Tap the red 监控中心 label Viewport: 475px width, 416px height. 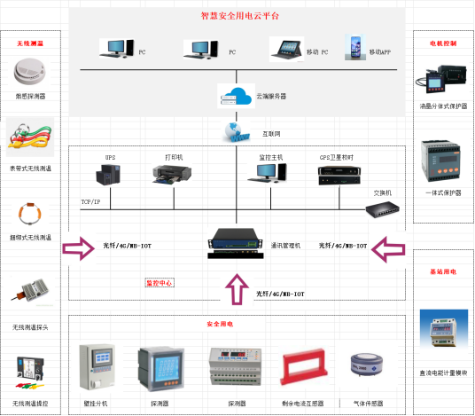(160, 284)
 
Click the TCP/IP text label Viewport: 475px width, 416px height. (90, 201)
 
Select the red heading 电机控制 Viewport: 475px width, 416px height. (442, 42)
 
